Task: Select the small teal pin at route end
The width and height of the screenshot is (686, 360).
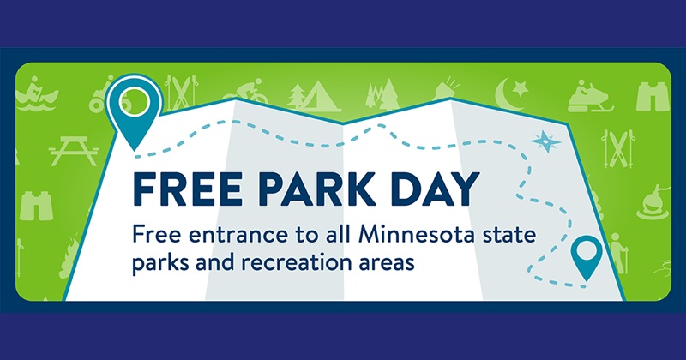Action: click(587, 256)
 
